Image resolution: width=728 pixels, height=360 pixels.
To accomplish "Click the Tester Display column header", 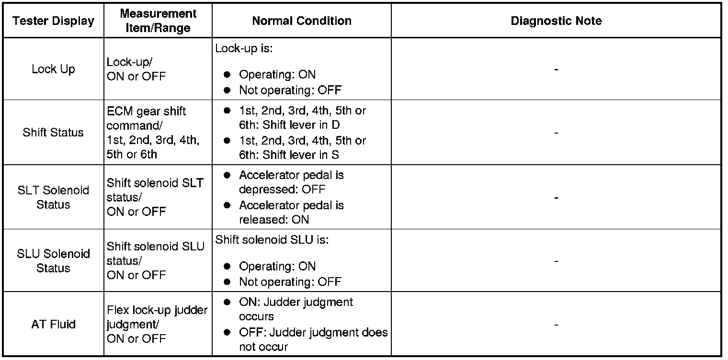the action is click(53, 21).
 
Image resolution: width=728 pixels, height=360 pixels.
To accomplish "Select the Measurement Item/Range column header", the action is click(158, 21).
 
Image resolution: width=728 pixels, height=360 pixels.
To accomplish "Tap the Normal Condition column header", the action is click(302, 21).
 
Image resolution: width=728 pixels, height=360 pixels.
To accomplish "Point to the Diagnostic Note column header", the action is click(556, 21).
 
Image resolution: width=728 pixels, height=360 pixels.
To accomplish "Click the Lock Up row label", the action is click(53, 69).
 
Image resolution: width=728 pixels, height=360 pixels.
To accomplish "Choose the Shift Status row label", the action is click(53, 133).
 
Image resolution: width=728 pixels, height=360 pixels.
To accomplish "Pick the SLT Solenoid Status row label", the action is click(53, 197).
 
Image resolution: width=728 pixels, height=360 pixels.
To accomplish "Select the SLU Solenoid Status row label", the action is click(53, 261).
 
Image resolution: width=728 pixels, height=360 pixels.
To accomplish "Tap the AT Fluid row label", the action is click(53, 325).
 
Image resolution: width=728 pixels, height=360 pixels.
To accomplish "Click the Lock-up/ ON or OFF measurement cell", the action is click(136, 69).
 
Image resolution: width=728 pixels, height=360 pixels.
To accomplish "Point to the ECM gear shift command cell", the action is click(153, 133).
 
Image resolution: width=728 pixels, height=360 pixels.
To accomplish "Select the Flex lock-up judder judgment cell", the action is click(157, 325).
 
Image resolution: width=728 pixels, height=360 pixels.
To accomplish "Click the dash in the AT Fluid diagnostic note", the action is click(556, 325).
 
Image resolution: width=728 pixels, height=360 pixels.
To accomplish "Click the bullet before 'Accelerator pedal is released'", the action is click(228, 206).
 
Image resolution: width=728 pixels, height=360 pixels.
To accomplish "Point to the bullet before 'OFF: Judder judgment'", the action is click(228, 333).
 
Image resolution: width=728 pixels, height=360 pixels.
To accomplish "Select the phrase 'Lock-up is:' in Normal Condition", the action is click(244, 48).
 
